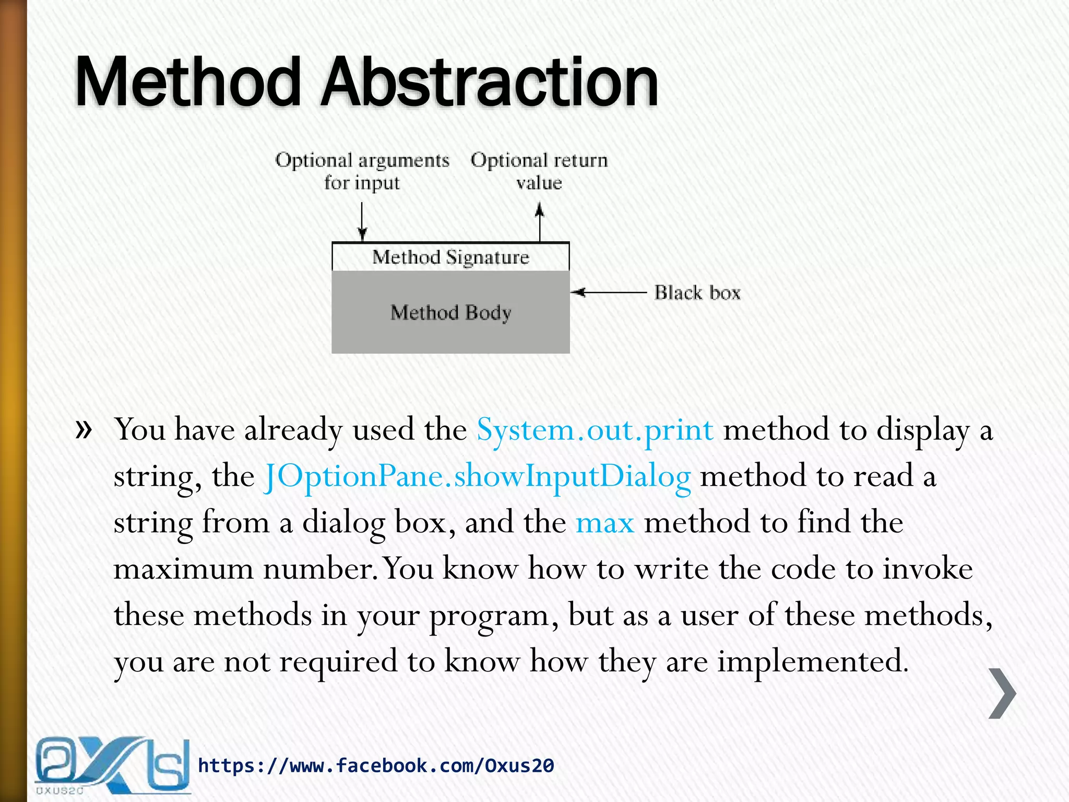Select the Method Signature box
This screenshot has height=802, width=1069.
[x=450, y=257]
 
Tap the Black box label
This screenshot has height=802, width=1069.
[x=697, y=293]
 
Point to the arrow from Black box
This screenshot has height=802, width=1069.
[x=608, y=292]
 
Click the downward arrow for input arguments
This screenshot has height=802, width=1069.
[x=362, y=221]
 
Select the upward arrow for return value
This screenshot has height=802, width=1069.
[x=540, y=222]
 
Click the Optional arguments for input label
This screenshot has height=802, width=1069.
[x=362, y=171]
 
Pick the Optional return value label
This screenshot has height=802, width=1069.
[x=539, y=171]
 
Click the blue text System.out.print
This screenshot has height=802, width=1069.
[x=595, y=430]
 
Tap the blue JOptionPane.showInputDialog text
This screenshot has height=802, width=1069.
[x=477, y=476]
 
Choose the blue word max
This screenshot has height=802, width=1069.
[x=604, y=522]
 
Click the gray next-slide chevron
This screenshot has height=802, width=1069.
[x=1002, y=693]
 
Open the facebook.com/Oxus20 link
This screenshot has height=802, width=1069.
[x=376, y=765]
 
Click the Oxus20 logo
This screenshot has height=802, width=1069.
[x=112, y=765]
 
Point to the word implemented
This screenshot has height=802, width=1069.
[x=813, y=661]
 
